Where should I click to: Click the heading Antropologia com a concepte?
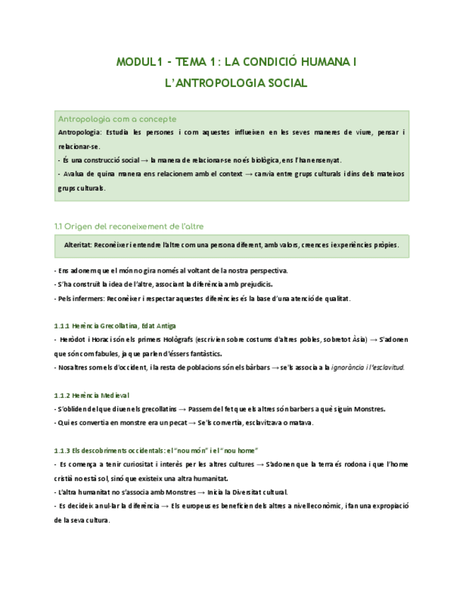pos(117,119)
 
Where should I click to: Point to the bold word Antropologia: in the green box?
pos(79,132)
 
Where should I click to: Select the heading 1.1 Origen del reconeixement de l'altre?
pos(129,227)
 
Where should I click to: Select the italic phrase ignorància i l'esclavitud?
pos(373,367)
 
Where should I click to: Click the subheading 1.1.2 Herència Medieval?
pos(91,395)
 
